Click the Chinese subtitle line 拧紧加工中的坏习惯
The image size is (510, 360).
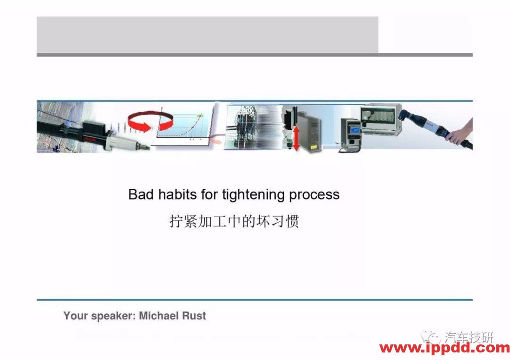pos(234,221)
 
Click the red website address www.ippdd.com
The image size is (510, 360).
pos(444,349)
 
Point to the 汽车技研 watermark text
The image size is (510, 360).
pos(468,337)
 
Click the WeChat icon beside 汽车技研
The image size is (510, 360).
pos(432,337)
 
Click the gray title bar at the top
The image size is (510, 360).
pos(207,34)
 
